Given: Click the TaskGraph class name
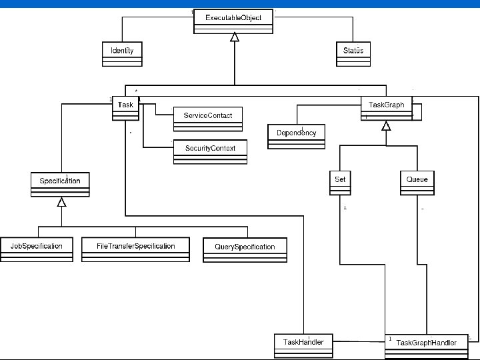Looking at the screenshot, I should pyautogui.click(x=386, y=105).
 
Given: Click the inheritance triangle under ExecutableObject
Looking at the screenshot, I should pyautogui.click(x=234, y=38).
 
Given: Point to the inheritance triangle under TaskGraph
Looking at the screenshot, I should pyautogui.click(x=385, y=125).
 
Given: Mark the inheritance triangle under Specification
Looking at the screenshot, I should pyautogui.click(x=61, y=201).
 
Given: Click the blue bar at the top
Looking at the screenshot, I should pyautogui.click(x=240, y=3).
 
